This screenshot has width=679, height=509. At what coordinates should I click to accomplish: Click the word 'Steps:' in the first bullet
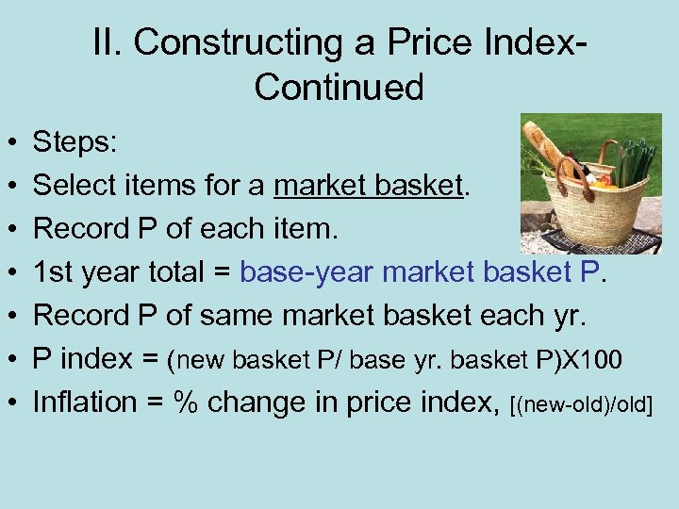[x=75, y=143]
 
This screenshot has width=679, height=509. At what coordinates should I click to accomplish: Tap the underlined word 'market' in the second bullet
[x=320, y=187]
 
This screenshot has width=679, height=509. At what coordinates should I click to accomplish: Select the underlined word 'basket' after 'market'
[x=419, y=187]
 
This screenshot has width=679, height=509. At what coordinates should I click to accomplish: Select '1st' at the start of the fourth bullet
[x=53, y=273]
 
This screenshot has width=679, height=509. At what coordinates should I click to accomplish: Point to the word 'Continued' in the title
[x=339, y=87]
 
